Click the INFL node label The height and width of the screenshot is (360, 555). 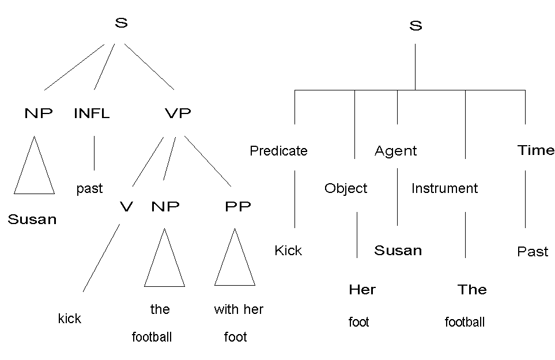[92, 113]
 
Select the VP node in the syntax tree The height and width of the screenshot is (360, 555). [178, 113]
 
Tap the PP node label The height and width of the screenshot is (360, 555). [238, 206]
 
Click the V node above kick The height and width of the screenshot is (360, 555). [126, 206]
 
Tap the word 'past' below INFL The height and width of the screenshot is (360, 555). [89, 188]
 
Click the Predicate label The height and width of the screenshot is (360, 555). [278, 151]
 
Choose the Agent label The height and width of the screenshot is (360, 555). [395, 151]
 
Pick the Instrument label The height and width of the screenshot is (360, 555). [444, 188]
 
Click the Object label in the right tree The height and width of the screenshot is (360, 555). [346, 188]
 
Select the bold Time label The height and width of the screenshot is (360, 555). [536, 150]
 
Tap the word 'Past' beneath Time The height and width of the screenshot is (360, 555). [533, 252]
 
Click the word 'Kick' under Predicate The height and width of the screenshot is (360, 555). [288, 251]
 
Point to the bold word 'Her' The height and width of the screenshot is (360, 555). [362, 290]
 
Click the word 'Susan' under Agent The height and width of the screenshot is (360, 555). [398, 251]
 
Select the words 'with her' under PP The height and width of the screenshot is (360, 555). [239, 309]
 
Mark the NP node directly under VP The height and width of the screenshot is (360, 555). [165, 206]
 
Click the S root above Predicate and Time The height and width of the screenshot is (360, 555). [416, 26]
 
